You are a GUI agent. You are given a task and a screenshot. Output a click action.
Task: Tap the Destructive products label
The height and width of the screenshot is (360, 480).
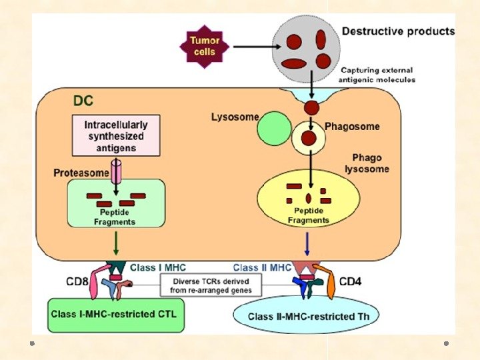tap(398, 31)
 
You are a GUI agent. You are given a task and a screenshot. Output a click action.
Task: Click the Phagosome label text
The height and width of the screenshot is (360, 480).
tap(352, 126)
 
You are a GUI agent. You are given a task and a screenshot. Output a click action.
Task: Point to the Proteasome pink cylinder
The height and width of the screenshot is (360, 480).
tap(116, 171)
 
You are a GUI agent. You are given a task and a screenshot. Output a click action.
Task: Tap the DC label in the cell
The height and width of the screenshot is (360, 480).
tap(83, 102)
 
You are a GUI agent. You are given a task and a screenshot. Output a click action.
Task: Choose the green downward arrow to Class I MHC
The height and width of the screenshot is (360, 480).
tap(117, 243)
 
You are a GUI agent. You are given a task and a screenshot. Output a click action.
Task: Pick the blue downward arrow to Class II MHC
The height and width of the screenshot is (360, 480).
tap(306, 243)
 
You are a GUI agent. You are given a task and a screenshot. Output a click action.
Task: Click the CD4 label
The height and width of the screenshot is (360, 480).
tap(351, 281)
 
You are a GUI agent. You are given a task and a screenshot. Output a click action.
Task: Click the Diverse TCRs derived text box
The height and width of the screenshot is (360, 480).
tap(210, 285)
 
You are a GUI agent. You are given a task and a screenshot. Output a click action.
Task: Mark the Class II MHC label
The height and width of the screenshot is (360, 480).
tap(262, 267)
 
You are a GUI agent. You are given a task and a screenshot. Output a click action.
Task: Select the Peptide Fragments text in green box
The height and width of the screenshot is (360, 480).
tap(116, 217)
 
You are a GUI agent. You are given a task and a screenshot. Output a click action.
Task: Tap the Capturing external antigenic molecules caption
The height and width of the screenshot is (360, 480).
tap(377, 75)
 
